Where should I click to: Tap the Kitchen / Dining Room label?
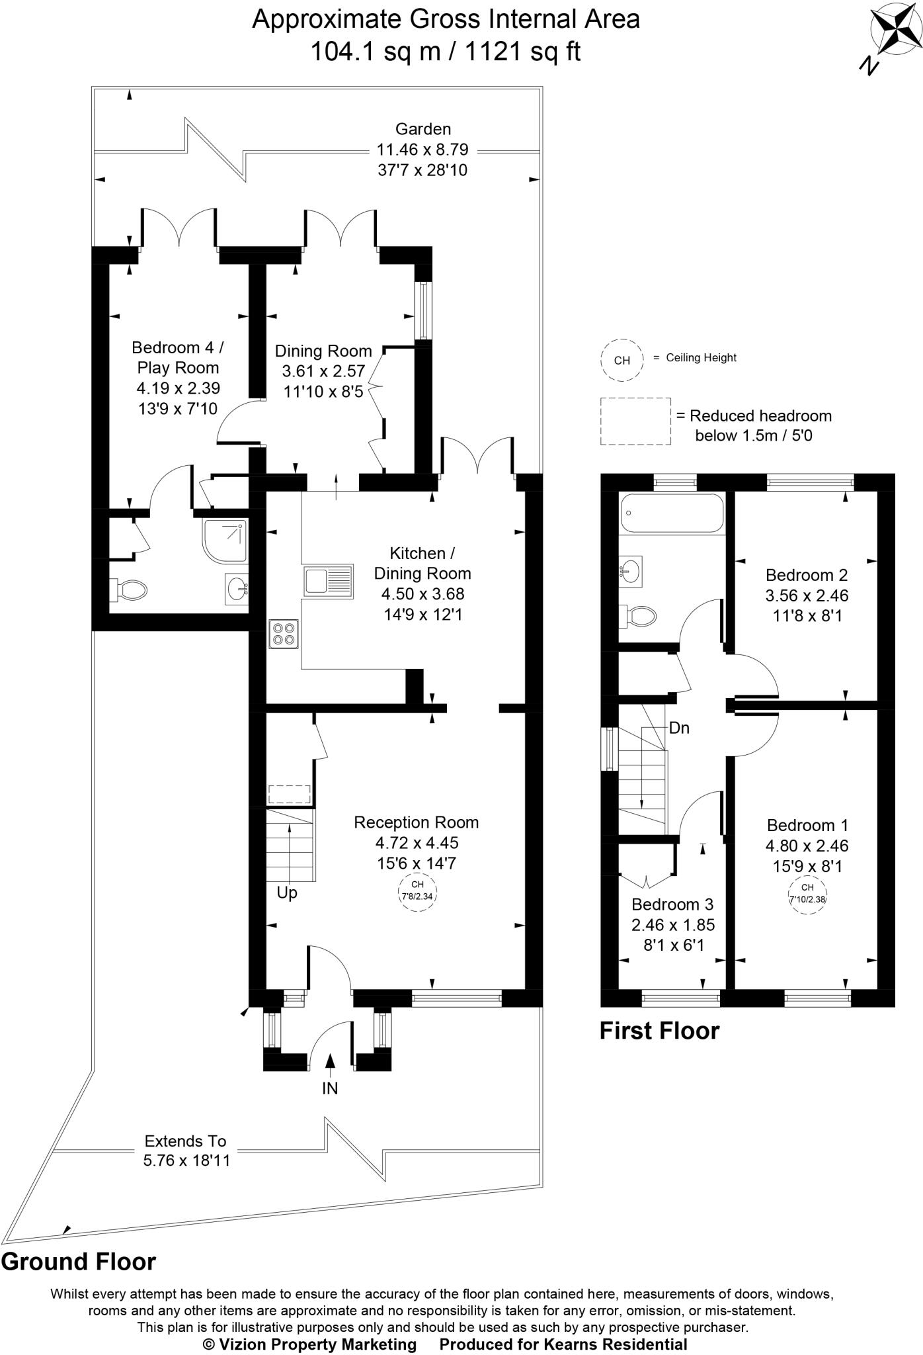tap(422, 563)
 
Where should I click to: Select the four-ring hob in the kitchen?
tap(284, 633)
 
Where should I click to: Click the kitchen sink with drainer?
tap(328, 580)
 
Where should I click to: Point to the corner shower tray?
tap(225, 540)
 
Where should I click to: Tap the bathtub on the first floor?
tap(671, 513)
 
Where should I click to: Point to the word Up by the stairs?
tap(287, 893)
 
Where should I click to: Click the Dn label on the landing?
tap(679, 728)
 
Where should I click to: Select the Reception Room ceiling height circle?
tap(417, 893)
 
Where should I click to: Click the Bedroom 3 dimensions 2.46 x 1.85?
tap(673, 925)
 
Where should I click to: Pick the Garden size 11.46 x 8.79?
tap(422, 150)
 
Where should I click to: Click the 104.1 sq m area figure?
tap(376, 51)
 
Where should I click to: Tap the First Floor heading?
tap(659, 1031)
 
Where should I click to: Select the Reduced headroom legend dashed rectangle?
tap(635, 421)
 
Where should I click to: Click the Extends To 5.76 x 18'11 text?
tap(186, 1151)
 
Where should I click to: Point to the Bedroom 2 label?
tap(807, 575)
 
